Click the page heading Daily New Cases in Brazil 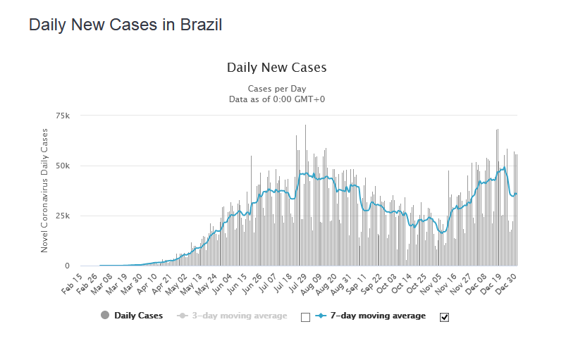125,25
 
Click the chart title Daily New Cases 276,68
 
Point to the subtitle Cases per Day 276,89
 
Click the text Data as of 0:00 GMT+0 276,99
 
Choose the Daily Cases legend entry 138,316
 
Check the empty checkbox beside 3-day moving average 305,317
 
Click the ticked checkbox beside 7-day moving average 444,317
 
